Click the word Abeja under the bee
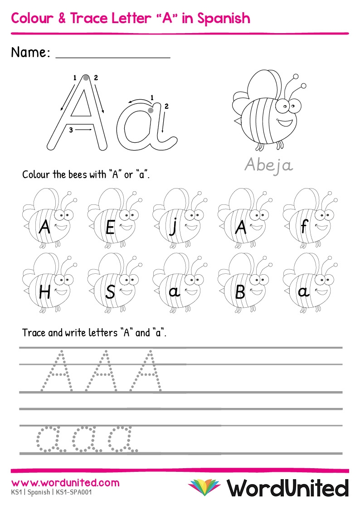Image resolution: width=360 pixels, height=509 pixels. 269,165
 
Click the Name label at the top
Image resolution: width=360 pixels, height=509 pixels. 30,53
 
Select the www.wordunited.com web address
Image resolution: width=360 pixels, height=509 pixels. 65,483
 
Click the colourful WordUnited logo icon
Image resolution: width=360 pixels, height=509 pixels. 204,487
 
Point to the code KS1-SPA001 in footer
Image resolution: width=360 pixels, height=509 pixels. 73,492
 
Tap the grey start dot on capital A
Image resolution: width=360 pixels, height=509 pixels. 86,78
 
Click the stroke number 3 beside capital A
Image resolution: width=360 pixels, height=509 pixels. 71,130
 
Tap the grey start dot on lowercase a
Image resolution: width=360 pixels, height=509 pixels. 151,110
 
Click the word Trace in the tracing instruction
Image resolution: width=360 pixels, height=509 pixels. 34,333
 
